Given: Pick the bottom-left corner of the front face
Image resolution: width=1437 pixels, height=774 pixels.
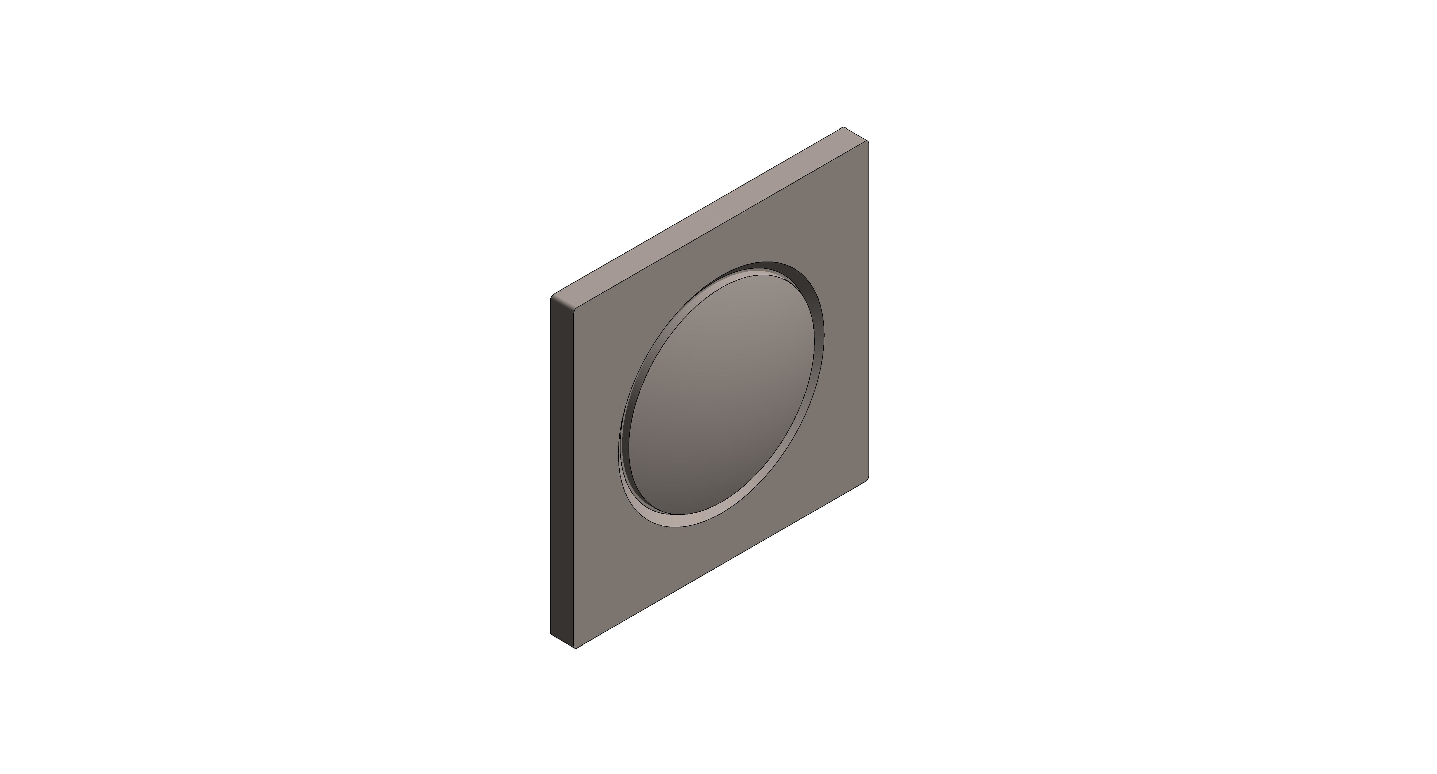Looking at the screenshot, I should pyautogui.click(x=576, y=647).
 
